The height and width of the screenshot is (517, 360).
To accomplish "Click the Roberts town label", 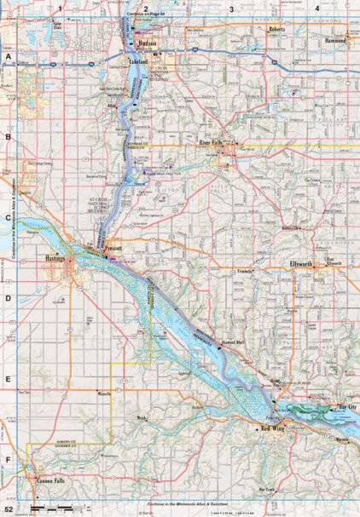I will click(x=277, y=29).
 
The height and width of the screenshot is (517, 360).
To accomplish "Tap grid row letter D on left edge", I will click(x=8, y=299).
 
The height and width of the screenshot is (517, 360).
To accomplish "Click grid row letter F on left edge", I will click(x=8, y=464).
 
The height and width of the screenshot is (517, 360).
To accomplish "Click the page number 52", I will click(x=8, y=508).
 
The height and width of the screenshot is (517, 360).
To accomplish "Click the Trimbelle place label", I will click(x=248, y=271).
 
